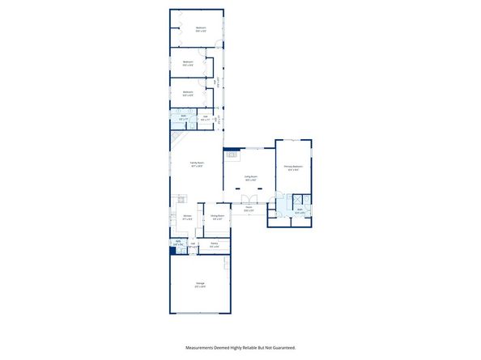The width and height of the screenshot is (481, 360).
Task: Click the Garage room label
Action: point(199,283)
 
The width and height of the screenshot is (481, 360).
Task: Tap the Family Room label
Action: point(197,163)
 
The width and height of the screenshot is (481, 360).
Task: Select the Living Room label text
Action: point(252,176)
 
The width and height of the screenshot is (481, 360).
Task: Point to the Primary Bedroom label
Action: point(292,167)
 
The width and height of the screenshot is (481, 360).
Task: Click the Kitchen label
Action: point(187,216)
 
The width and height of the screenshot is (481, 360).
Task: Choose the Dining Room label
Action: point(217,216)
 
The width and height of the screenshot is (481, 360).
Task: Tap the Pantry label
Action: point(215,244)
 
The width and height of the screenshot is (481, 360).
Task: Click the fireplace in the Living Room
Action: point(232,153)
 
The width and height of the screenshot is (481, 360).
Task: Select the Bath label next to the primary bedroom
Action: point(299,210)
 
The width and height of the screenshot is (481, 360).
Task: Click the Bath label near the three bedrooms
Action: point(184,116)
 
